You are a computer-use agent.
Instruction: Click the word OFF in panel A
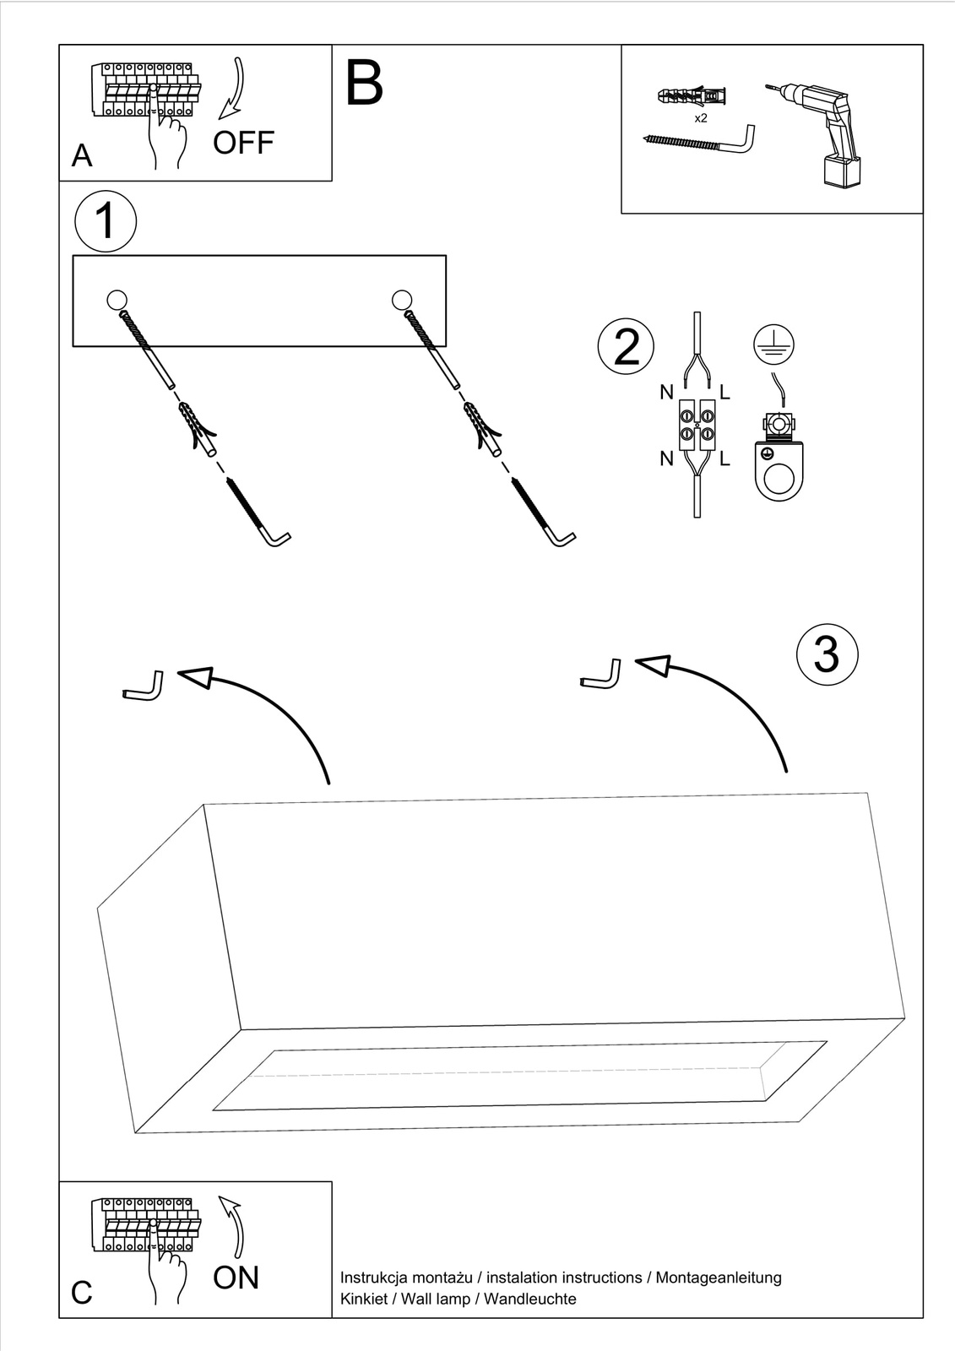tap(243, 143)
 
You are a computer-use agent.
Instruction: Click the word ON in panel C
tap(236, 1278)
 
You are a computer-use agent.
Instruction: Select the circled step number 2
tap(626, 347)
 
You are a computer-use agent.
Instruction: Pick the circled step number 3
tap(826, 654)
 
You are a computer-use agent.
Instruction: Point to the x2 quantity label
tap(701, 118)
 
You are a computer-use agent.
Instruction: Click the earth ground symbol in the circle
tap(773, 345)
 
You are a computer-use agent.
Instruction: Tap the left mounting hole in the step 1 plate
tap(117, 299)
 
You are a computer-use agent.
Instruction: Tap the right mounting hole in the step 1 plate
tap(403, 299)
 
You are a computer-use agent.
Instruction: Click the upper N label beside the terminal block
tap(667, 393)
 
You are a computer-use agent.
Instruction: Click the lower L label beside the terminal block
tap(724, 459)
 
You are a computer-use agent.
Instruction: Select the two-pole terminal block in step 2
tap(697, 425)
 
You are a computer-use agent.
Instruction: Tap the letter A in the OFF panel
tap(82, 156)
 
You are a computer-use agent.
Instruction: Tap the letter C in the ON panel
tap(82, 1293)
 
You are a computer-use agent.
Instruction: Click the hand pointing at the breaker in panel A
tap(166, 131)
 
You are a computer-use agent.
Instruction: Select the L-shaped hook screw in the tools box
tap(700, 140)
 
